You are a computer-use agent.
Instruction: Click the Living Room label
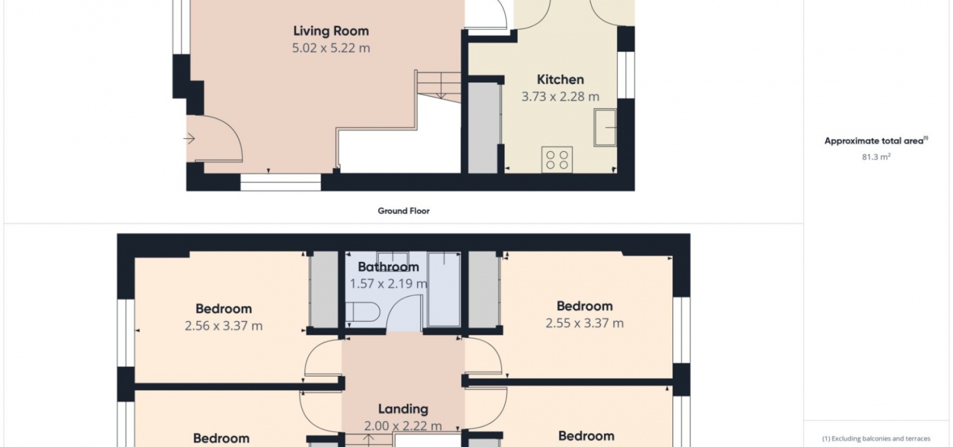pyautogui.click(x=331, y=31)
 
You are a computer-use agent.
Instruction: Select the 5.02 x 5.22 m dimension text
pyautogui.click(x=331, y=48)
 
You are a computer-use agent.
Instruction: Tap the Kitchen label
pyautogui.click(x=560, y=79)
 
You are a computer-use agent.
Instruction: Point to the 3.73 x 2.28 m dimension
pyautogui.click(x=560, y=96)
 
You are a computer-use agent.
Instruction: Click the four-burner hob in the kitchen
pyautogui.click(x=557, y=160)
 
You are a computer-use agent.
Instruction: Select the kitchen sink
pyautogui.click(x=605, y=128)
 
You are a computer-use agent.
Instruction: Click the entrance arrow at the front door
pyautogui.click(x=189, y=139)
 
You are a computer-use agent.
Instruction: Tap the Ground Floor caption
pyautogui.click(x=404, y=211)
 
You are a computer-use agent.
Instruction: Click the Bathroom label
pyautogui.click(x=388, y=267)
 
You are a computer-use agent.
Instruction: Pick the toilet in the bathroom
pyautogui.click(x=362, y=312)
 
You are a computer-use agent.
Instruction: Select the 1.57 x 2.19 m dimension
pyautogui.click(x=388, y=283)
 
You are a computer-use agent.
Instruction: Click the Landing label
pyautogui.click(x=403, y=409)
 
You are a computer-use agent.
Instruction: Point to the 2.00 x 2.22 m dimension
pyautogui.click(x=403, y=426)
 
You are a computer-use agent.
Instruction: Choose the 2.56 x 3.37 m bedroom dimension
pyautogui.click(x=224, y=326)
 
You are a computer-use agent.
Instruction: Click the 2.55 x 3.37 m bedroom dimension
pyautogui.click(x=585, y=323)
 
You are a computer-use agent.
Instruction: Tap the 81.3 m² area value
pyautogui.click(x=876, y=157)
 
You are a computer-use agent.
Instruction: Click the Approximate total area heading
pyautogui.click(x=876, y=141)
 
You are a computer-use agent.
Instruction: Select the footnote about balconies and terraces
pyautogui.click(x=876, y=439)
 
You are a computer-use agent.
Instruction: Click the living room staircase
pyautogui.click(x=439, y=86)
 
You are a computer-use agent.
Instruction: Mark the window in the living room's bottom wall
pyautogui.click(x=281, y=182)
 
